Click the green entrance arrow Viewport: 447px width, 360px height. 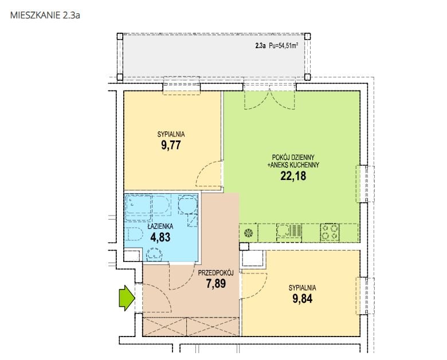click(127, 299)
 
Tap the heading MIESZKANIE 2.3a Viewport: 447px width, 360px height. click(45, 15)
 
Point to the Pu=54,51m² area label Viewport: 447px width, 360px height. click(284, 45)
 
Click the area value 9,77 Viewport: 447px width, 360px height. click(171, 145)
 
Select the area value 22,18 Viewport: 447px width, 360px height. click(293, 176)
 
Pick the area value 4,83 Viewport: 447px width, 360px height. click(160, 237)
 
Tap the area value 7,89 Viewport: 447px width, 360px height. click(216, 284)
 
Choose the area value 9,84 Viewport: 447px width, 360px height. click(302, 299)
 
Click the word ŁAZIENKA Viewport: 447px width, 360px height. click(160, 226)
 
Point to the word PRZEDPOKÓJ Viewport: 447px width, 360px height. click(216, 273)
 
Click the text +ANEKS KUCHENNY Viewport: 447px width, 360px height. click(293, 165)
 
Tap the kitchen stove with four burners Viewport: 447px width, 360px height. click(330, 232)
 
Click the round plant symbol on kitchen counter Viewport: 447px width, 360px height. click(248, 233)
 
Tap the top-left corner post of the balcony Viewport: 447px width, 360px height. click(120, 37)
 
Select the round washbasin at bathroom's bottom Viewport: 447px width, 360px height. click(154, 254)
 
